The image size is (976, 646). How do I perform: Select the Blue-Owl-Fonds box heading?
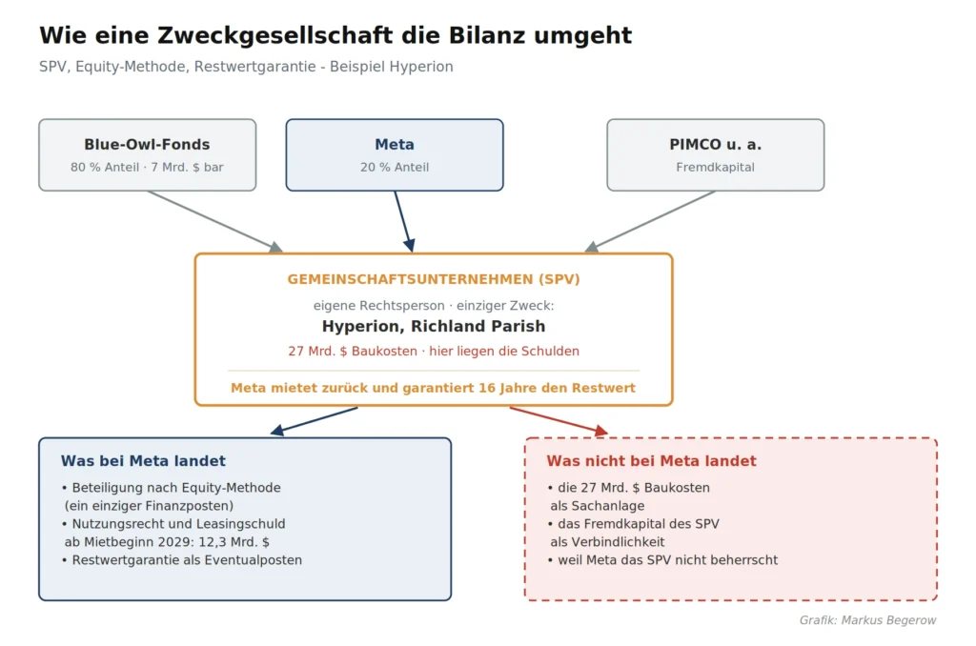147,145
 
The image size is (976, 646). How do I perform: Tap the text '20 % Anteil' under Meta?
395,168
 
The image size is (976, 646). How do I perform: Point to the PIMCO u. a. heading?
715,145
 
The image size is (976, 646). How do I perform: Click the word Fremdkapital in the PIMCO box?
715,168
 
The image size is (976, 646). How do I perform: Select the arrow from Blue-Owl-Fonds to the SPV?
214,222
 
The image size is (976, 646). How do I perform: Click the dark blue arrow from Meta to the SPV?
404,222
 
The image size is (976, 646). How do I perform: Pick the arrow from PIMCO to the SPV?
650,222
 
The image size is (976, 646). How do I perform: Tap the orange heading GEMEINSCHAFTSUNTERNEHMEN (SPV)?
434,279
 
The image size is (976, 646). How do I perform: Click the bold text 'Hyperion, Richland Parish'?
434,326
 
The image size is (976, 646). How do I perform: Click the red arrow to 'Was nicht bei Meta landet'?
559,421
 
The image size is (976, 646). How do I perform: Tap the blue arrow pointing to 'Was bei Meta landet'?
314,421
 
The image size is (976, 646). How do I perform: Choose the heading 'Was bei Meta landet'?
143,461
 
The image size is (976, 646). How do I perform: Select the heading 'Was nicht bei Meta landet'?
652,461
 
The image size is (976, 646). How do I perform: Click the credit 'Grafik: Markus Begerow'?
867,620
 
